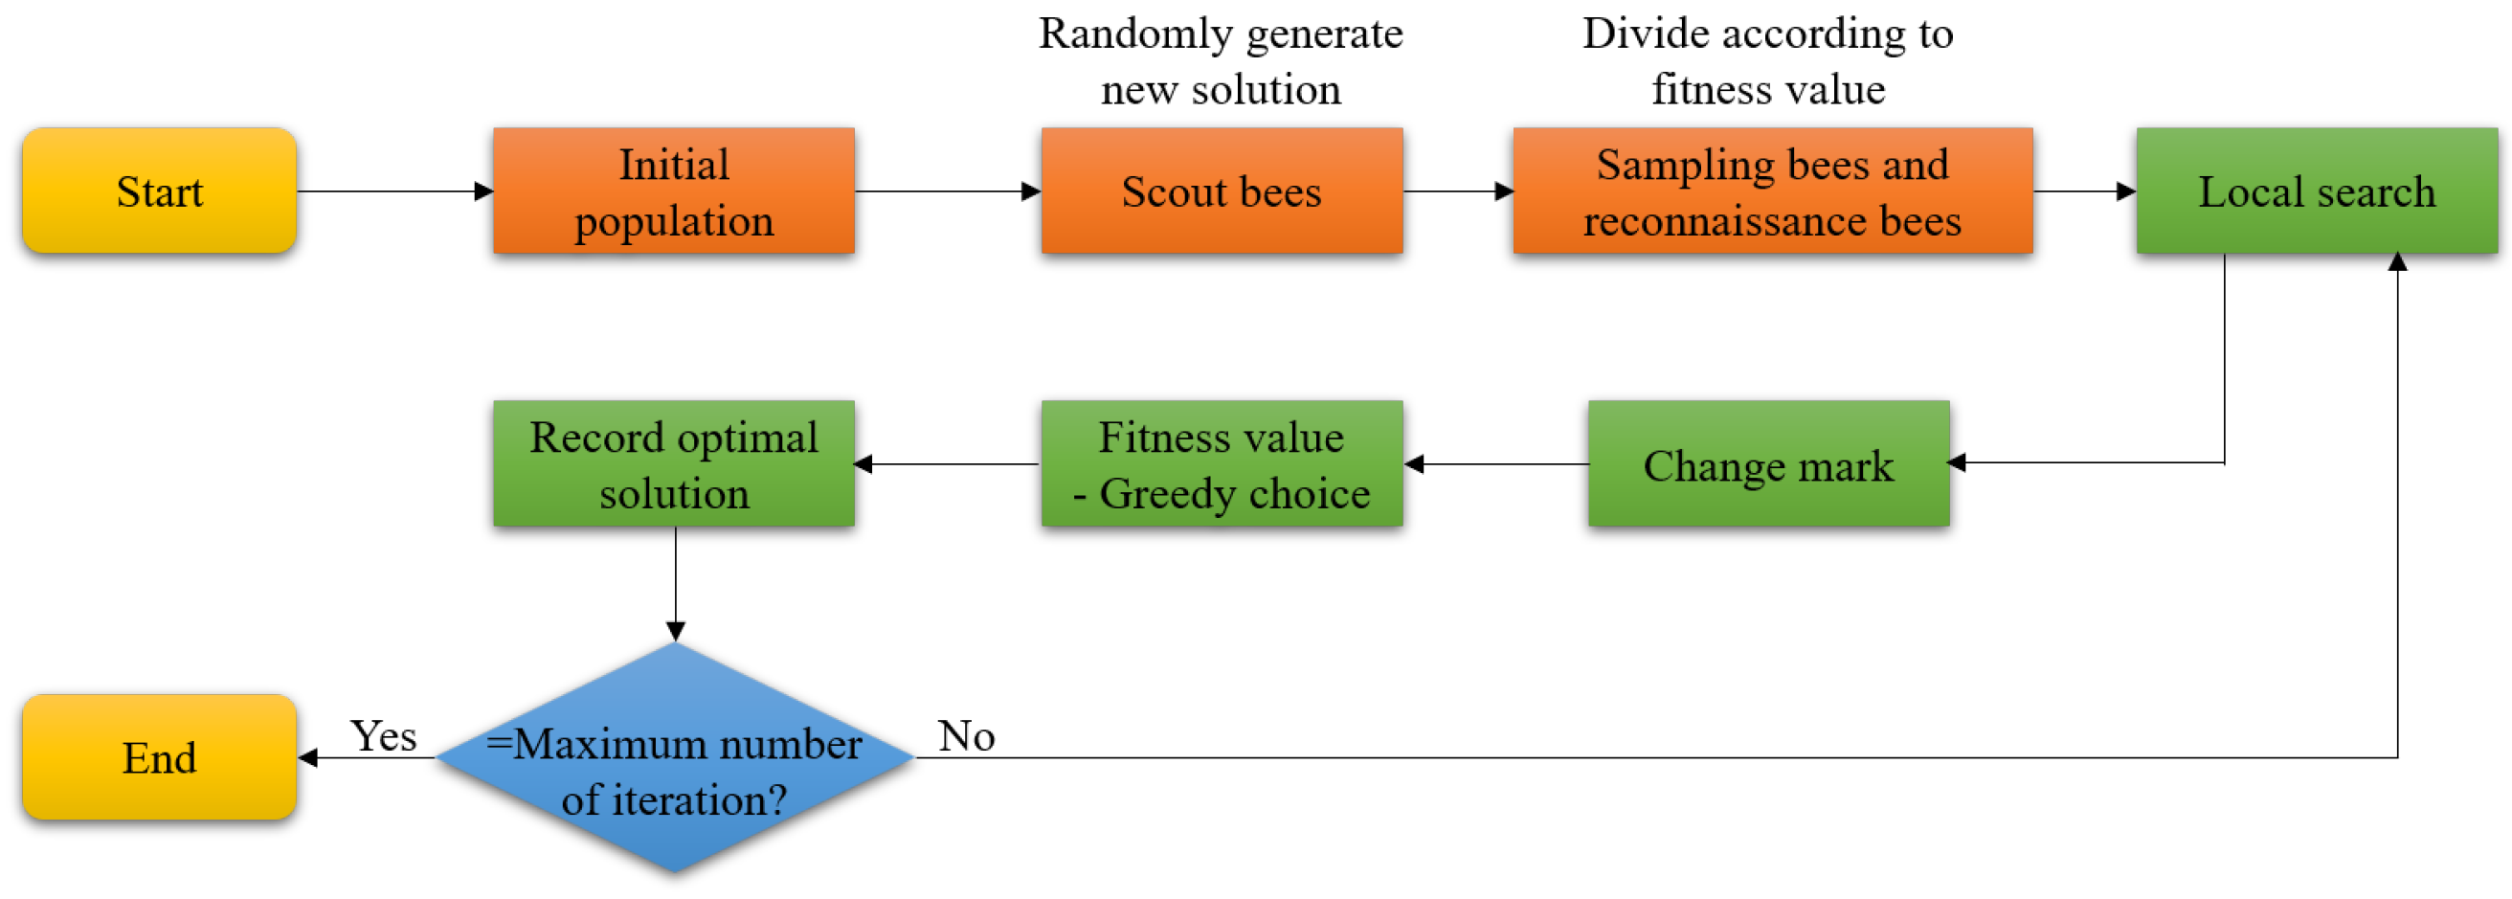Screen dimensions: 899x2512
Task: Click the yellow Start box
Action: coord(159,191)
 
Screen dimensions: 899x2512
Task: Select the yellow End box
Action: coord(159,756)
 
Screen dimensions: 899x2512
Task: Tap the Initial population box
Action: coord(674,191)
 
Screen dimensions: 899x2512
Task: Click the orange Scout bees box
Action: coord(1221,191)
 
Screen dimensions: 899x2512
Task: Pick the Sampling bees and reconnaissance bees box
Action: coord(1772,191)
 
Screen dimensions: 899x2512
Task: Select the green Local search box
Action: coord(2316,191)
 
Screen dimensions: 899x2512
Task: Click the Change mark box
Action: coord(1768,464)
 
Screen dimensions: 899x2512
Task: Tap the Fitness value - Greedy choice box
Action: coord(1221,464)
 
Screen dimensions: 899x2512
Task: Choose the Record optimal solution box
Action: coord(674,464)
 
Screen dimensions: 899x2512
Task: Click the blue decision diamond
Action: coord(674,756)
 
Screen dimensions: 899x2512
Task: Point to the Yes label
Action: coord(383,735)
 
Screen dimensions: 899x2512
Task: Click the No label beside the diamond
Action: coord(965,735)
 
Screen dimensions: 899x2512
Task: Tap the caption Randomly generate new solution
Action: coord(1220,60)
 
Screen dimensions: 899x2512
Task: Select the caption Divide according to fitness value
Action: coord(1767,60)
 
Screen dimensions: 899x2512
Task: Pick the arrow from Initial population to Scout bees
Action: coord(947,191)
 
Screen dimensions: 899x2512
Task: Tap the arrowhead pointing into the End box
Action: coord(307,757)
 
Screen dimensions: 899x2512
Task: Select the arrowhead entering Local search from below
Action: coord(2397,262)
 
